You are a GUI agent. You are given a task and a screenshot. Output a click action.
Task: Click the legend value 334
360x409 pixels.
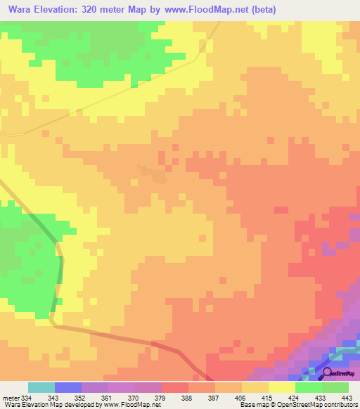click(26, 398)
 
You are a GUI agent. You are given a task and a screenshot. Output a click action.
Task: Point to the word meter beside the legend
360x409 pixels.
click(10, 398)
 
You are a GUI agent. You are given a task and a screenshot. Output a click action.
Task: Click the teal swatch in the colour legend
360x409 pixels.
click(41, 387)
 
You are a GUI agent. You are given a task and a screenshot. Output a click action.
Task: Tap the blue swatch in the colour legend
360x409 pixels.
click(68, 387)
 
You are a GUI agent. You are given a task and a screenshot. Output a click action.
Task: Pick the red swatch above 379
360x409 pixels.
click(175, 387)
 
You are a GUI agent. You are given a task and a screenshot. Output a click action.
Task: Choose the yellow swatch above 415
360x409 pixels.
click(282, 387)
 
